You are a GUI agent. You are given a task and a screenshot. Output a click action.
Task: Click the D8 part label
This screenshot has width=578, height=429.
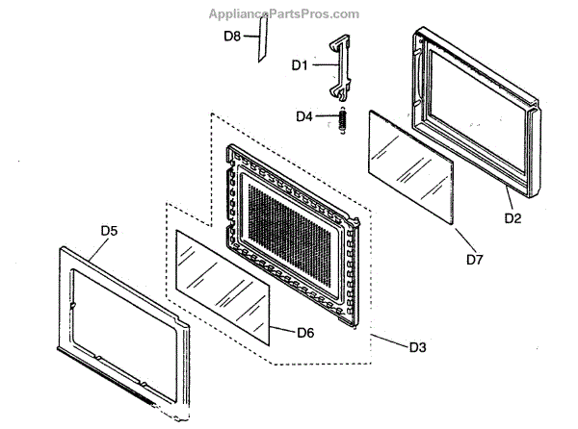tap(232, 36)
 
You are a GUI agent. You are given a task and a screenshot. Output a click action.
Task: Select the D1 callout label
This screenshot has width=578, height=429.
tap(300, 65)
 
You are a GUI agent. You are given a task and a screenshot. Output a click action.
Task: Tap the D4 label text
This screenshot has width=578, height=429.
tap(303, 116)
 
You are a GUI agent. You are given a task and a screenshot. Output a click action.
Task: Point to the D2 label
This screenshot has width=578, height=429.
tap(512, 219)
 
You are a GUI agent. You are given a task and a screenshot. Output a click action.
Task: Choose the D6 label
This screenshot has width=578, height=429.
tap(305, 333)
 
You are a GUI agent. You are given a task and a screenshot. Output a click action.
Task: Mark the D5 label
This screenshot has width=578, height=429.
tap(109, 231)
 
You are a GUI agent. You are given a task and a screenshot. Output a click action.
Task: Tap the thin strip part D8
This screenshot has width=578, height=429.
tap(259, 44)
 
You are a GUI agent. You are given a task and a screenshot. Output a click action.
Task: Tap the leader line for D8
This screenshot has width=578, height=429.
tap(249, 36)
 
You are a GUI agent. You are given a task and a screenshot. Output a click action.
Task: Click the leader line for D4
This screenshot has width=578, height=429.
tap(326, 116)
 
